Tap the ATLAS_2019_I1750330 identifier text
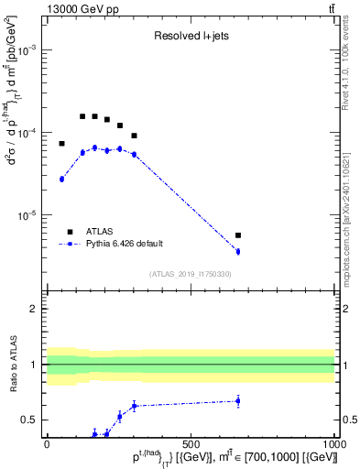point(190,274)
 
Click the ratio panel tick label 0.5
point(30,420)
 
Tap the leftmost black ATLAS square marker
point(61,144)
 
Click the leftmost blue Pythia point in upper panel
point(61,179)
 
